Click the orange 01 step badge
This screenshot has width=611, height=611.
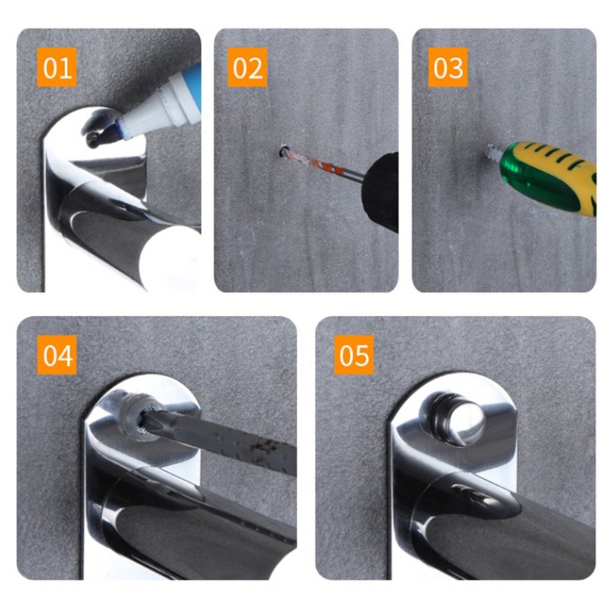57,67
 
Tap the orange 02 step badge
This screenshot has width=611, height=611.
247,67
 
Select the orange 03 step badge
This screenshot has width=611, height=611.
448,67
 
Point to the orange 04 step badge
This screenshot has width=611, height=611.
57,354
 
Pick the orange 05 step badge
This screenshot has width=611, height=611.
354,354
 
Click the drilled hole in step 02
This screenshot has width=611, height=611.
283,150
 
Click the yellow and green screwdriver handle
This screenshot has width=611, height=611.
549,177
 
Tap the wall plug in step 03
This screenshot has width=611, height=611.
493,152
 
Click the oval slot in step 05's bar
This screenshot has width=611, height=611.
474,495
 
